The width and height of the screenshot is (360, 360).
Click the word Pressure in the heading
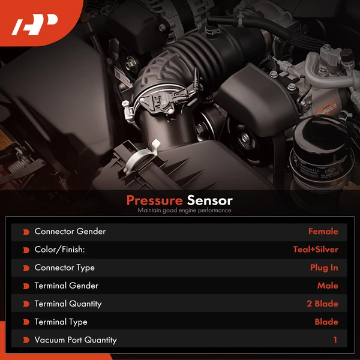click(x=154, y=200)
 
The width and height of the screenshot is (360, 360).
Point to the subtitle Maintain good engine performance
click(x=184, y=211)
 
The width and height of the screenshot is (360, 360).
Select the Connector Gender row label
click(x=70, y=232)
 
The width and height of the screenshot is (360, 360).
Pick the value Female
click(x=323, y=232)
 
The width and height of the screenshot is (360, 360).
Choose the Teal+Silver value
click(x=316, y=250)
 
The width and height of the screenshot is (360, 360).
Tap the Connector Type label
click(x=65, y=268)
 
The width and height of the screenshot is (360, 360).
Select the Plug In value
click(x=324, y=268)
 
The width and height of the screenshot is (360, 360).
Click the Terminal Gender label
click(x=67, y=286)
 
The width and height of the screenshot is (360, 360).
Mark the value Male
click(x=328, y=286)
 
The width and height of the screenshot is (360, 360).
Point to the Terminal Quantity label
click(x=68, y=304)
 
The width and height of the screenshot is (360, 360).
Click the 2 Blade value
click(x=322, y=304)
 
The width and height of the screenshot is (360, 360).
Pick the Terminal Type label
click(x=61, y=322)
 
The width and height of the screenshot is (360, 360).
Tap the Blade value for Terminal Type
click(x=326, y=322)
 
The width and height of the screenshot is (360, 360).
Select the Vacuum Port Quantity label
click(x=76, y=340)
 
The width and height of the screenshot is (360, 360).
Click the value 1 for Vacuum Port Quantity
click(x=336, y=340)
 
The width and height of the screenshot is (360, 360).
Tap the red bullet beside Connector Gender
click(x=26, y=232)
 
